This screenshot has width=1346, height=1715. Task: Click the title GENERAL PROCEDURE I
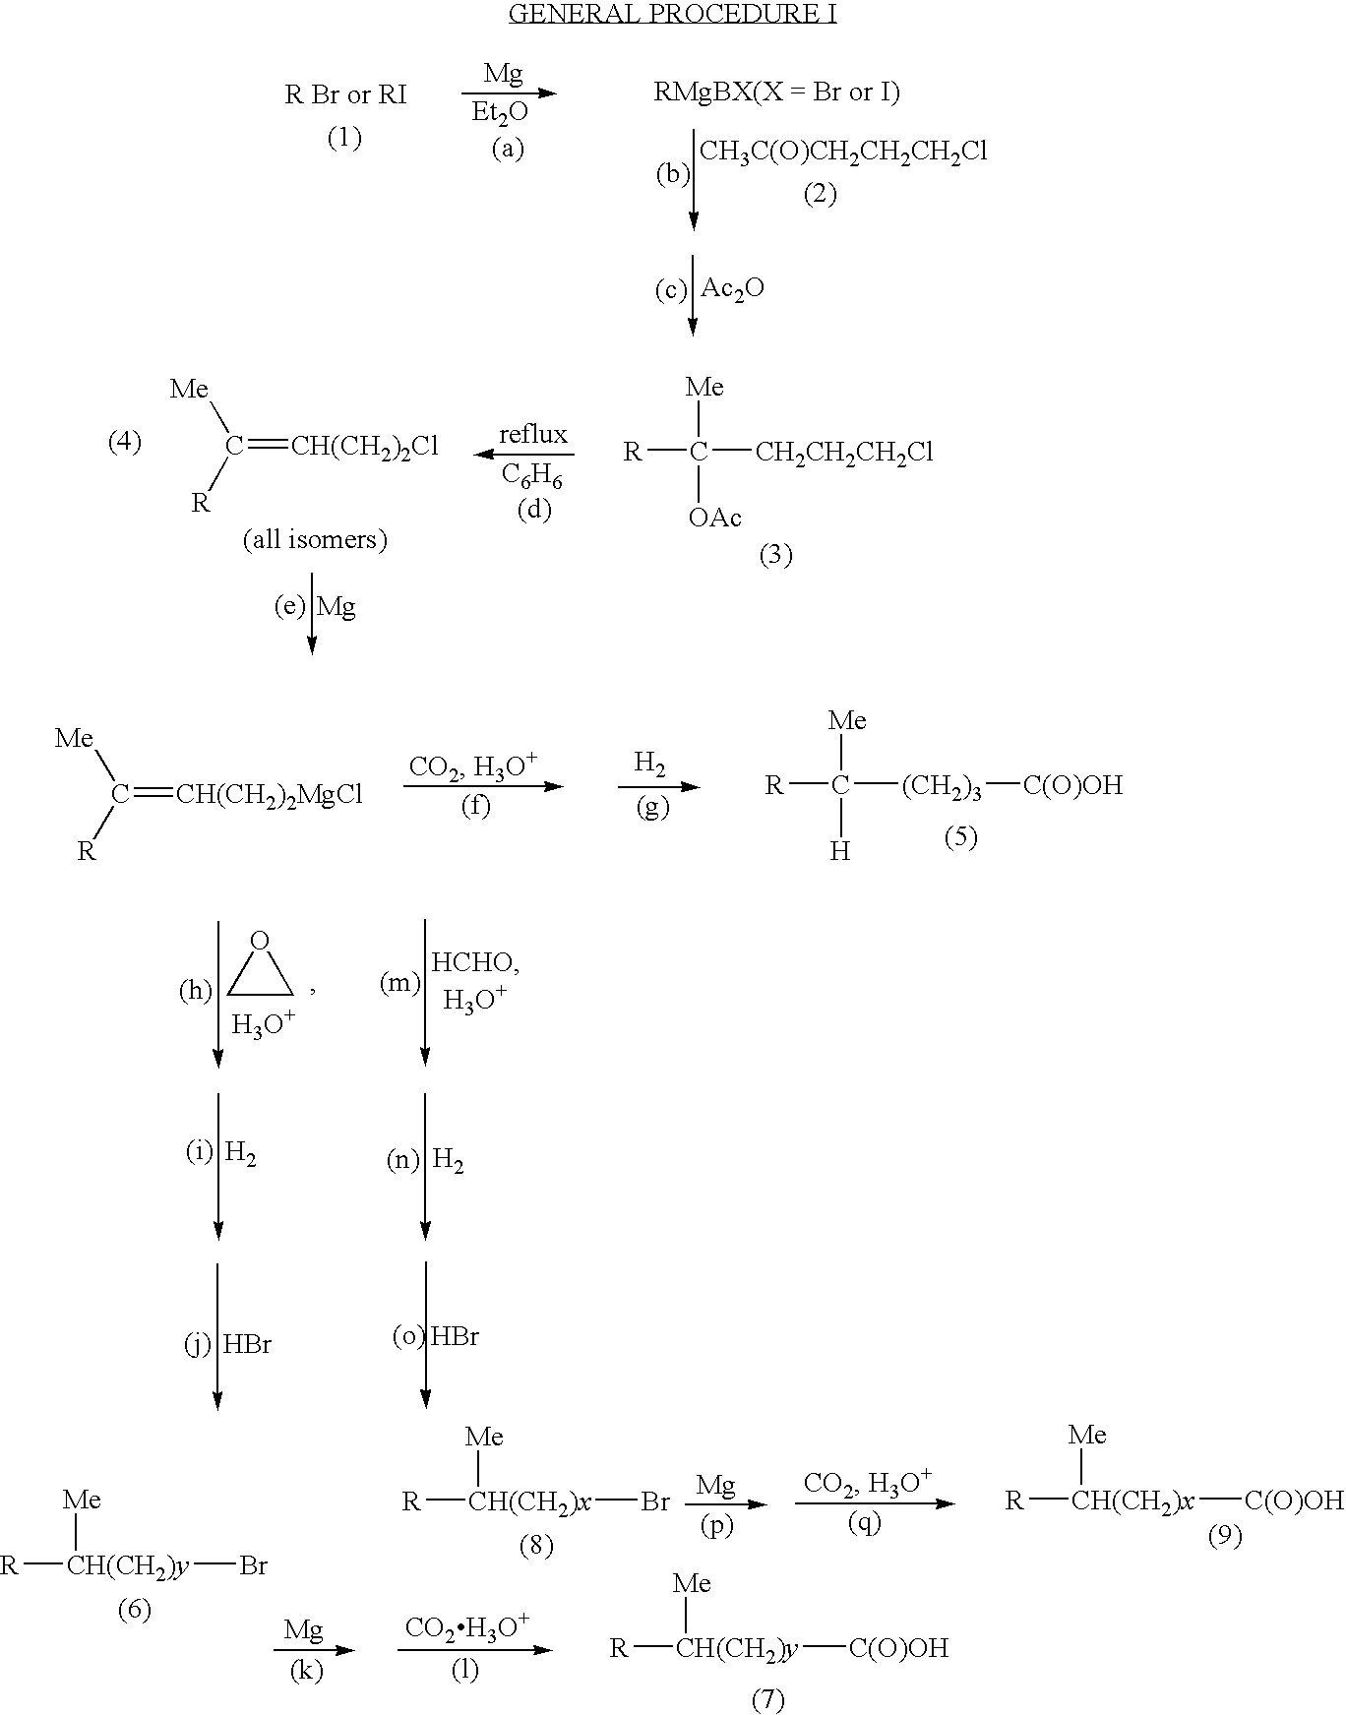672,14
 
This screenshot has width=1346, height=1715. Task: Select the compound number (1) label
344,138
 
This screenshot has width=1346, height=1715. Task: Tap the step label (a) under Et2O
508,149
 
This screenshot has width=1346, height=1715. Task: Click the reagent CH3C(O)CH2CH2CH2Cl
843,152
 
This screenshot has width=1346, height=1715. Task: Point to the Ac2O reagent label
733,289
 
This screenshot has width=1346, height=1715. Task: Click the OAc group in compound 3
715,518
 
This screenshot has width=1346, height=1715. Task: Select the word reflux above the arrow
533,434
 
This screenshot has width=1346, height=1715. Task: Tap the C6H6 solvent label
531,475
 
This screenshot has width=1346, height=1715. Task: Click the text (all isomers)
315,539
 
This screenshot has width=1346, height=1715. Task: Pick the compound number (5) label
961,837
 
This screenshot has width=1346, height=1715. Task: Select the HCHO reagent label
475,963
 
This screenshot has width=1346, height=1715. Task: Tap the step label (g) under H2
651,808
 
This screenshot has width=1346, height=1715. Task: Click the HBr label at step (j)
247,1344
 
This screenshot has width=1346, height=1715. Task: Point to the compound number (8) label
536,1546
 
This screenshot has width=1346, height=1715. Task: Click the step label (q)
865,1522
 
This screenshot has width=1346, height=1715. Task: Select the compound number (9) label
1225,1536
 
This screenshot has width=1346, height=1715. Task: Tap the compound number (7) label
768,1699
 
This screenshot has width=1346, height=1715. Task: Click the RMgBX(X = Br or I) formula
777,92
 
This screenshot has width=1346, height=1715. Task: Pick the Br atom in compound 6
254,1565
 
